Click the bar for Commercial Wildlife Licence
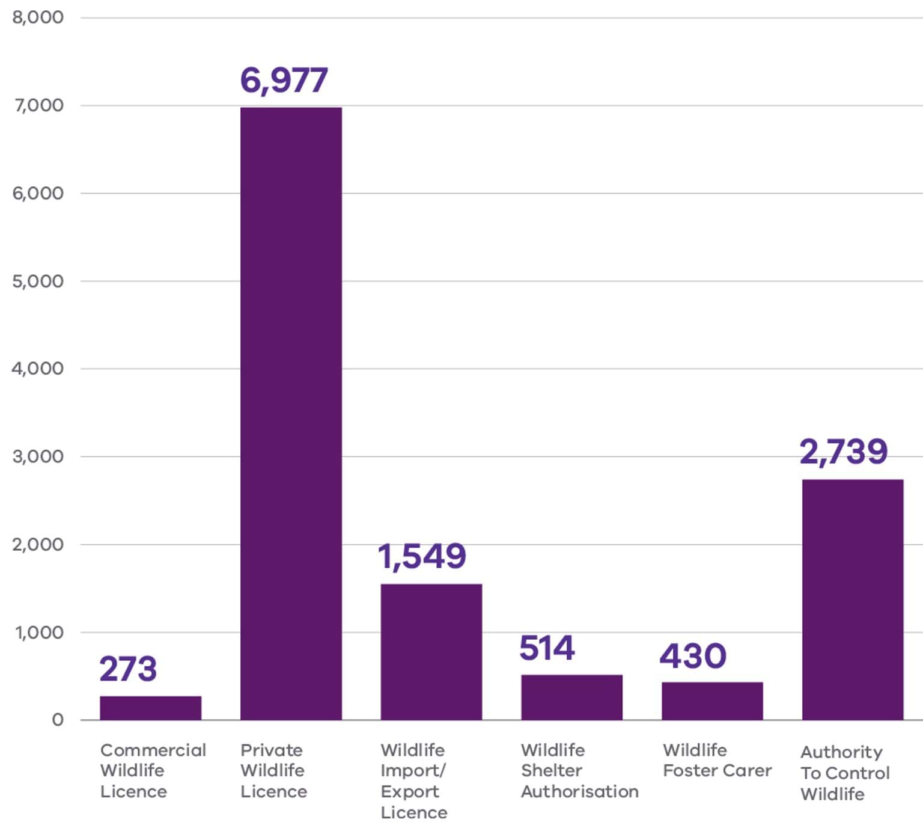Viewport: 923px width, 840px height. (x=150, y=708)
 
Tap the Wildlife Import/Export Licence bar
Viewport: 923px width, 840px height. (x=431, y=652)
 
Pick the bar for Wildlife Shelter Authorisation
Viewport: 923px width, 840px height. (x=571, y=697)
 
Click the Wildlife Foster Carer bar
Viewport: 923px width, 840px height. (x=712, y=701)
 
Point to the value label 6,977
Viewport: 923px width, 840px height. (x=284, y=80)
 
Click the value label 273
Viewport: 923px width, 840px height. (x=128, y=669)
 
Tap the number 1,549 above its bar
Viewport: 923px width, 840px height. (x=421, y=556)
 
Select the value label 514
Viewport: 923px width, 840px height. (x=547, y=648)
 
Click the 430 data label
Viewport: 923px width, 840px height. (x=693, y=655)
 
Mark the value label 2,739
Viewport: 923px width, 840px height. (x=843, y=452)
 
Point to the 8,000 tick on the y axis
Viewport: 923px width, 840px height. (x=37, y=17)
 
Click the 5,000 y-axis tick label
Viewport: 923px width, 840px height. (x=37, y=281)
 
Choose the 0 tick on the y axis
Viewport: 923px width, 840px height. (x=58, y=720)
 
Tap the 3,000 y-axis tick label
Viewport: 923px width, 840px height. (x=37, y=456)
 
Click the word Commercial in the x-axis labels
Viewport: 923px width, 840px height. (x=153, y=750)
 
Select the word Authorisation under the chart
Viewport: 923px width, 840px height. (x=579, y=791)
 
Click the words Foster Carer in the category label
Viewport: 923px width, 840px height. (x=717, y=770)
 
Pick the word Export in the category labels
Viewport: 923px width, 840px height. (x=410, y=791)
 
